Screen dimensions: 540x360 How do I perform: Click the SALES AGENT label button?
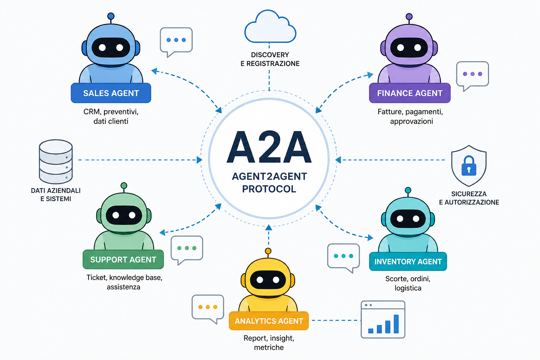[x=111, y=93]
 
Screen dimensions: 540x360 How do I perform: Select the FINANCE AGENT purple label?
[x=410, y=93]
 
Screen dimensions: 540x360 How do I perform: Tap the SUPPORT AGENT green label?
[x=123, y=259]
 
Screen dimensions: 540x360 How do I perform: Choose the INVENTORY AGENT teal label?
[x=408, y=261]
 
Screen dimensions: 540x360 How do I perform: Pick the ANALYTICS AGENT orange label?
[x=269, y=321]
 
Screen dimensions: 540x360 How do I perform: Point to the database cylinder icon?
[x=56, y=162]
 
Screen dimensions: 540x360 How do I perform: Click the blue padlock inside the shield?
[x=469, y=166]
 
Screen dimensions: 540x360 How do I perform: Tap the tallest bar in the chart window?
[x=396, y=324]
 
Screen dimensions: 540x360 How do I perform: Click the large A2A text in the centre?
[x=269, y=147]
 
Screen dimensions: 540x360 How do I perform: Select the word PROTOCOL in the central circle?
[x=269, y=189]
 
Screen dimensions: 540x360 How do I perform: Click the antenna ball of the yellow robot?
[x=268, y=251]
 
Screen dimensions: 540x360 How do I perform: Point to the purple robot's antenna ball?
[x=409, y=17]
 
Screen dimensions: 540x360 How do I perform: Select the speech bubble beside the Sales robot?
[x=176, y=42]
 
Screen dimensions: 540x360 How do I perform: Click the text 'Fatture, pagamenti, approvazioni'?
[x=411, y=116]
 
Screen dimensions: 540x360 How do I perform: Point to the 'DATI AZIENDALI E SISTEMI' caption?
[x=56, y=194]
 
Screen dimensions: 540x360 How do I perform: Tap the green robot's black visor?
[x=124, y=215]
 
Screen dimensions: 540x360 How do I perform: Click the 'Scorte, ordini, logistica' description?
[x=408, y=283]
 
